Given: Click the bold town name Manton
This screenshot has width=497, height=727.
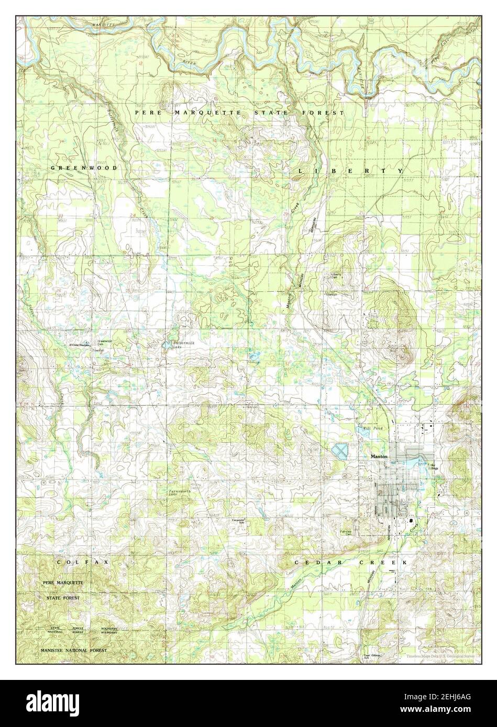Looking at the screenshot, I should point(380,457).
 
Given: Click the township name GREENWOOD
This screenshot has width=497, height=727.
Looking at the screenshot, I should point(83,167).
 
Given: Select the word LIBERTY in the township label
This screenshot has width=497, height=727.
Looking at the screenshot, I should point(351,171).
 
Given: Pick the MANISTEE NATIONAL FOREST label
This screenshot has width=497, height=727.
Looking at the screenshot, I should point(73,650).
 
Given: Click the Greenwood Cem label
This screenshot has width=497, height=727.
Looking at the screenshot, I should point(105,342).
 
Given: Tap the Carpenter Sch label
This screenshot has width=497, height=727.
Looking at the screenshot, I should point(239,521).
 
